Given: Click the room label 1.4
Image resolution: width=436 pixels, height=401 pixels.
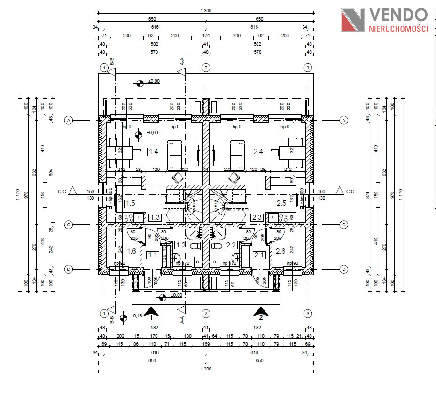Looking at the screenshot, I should pos(154,152).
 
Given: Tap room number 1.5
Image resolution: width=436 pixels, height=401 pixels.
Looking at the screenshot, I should pos(131,203).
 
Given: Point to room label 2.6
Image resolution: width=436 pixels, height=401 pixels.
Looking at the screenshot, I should pos(280,251).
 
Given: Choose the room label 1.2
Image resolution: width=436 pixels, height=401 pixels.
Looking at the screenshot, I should pos(181,245).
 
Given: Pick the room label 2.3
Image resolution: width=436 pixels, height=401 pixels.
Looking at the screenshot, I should pos(257,217).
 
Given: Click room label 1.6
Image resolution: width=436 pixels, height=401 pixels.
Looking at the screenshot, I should pos(132,251).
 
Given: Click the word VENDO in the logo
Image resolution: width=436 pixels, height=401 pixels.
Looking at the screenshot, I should pos(398,15).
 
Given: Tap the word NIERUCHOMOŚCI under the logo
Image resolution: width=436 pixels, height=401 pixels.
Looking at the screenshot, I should pos(398,29).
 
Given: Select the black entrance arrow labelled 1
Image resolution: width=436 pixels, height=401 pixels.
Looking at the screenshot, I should pos(151,310).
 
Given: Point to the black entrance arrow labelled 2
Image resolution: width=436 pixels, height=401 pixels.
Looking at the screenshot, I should pos(261,310).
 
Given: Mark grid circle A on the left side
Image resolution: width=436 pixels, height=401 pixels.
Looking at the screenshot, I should pos(69,121).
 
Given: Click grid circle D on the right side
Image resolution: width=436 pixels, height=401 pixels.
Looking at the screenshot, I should pos(344,269).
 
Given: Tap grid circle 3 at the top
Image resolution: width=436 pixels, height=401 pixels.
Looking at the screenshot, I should pos(308,68).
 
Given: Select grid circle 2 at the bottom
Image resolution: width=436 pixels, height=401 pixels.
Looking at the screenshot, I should pos(206,313).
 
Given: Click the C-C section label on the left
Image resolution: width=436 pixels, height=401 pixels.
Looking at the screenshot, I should pos(62,191).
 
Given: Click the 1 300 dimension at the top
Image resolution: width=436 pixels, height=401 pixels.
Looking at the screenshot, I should pos(206,11).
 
